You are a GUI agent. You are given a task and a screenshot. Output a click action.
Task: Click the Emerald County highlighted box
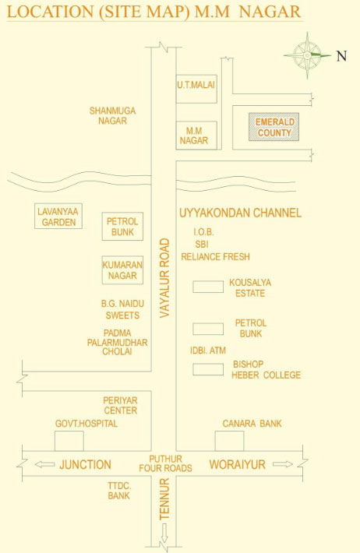[x=274, y=127]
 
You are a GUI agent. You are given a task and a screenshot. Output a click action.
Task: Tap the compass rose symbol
[x=308, y=55]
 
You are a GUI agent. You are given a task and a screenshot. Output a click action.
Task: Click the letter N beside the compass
[x=341, y=56]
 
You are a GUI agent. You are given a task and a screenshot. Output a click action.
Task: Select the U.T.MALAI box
[x=196, y=89]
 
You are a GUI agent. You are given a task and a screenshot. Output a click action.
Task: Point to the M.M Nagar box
[x=196, y=136]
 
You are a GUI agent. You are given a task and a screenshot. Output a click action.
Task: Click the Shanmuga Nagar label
[x=112, y=116]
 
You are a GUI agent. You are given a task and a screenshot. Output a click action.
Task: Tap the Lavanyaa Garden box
[x=58, y=216]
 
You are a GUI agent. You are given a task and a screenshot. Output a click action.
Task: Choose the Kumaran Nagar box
[x=122, y=269]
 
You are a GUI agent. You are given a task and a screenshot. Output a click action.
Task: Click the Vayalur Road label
[x=164, y=278]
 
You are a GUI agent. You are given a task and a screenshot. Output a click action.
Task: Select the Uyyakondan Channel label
[x=240, y=213]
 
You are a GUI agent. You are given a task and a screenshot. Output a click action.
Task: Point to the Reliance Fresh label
[x=215, y=256]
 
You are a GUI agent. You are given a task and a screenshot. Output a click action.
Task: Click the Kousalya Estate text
[x=250, y=287]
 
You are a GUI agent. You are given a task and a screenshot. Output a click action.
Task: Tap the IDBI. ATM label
[x=208, y=350]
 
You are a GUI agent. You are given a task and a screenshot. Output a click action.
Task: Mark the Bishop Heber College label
[x=266, y=370]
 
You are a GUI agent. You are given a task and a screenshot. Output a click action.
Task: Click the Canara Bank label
[x=252, y=423]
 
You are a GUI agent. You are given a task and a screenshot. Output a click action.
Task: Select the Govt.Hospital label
[x=86, y=423]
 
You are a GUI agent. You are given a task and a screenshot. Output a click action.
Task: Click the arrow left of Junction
[x=45, y=464]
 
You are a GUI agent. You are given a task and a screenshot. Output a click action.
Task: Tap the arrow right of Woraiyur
[x=283, y=464]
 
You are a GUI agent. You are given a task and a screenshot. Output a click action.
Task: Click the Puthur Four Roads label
[x=165, y=463]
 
